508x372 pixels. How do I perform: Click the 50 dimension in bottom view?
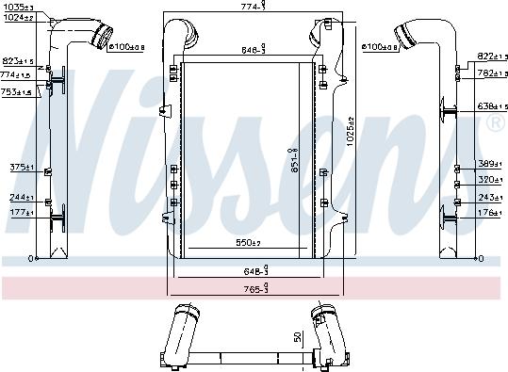pos(298,337)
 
